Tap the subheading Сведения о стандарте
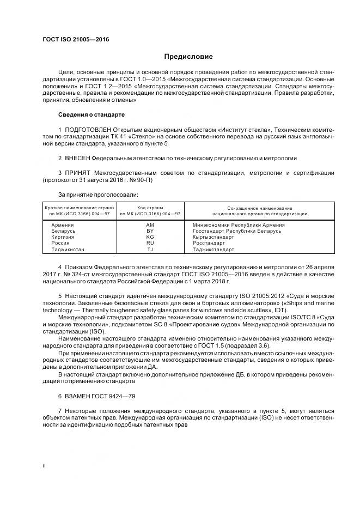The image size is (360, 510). coord(91,115)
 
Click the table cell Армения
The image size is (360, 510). coord(62,225)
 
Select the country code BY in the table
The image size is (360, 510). coord(150,231)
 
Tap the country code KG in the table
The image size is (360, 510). coord(150,237)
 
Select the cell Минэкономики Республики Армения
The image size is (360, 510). coord(239,225)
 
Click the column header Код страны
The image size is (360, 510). coord(150,208)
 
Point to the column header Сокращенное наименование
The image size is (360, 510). coord(260,208)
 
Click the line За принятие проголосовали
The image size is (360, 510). coord(98,194)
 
